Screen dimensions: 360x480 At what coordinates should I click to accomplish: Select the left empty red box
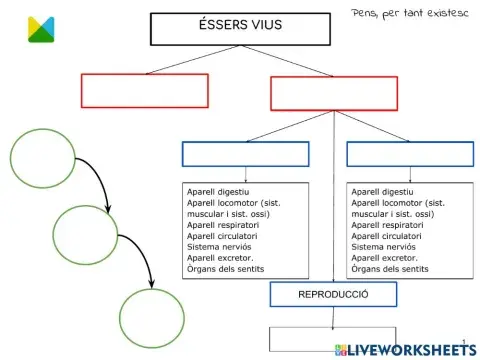144,91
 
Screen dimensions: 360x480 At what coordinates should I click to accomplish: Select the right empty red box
334,92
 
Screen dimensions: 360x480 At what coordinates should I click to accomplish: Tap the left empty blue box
246,154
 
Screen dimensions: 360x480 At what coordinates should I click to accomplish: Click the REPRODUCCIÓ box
333,295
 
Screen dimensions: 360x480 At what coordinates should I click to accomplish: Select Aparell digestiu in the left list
218,190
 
